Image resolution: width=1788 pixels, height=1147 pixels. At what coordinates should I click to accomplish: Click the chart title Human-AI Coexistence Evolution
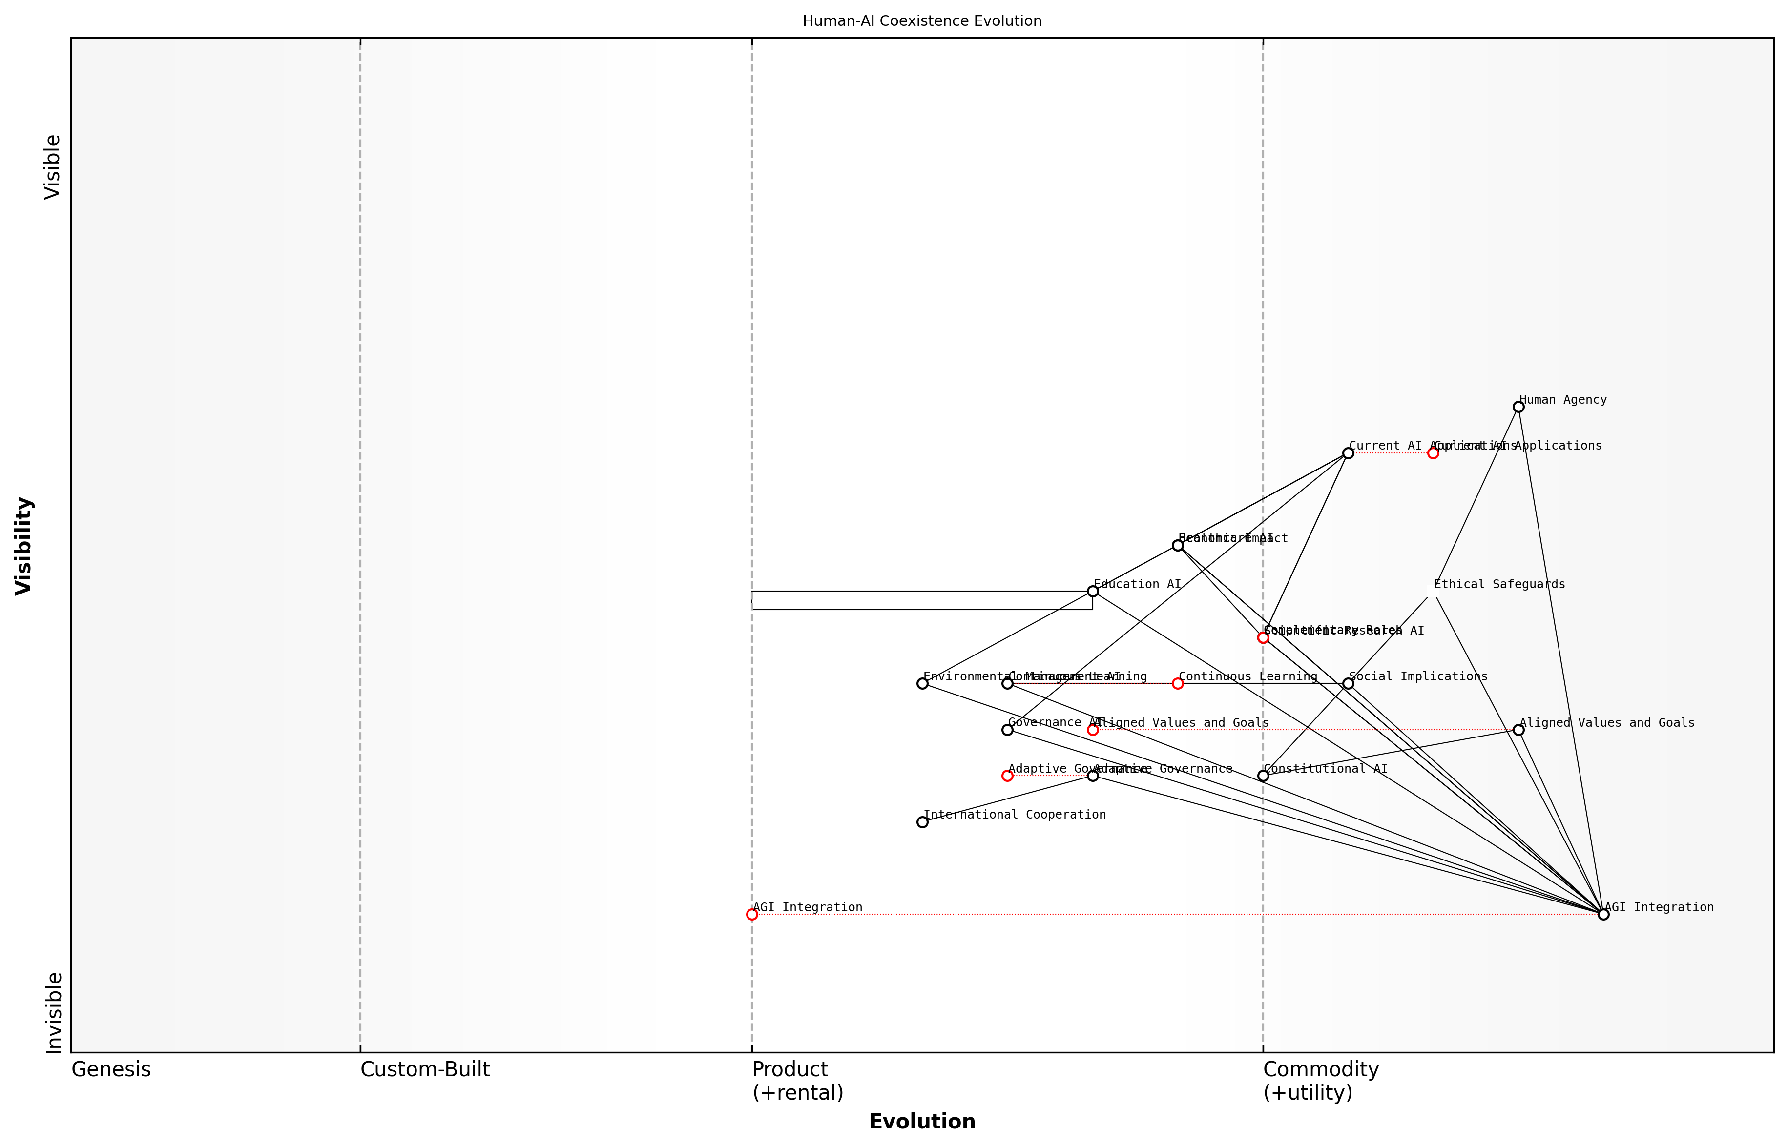click(x=921, y=21)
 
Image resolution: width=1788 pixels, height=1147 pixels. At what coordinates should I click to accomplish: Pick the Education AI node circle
click(x=1092, y=592)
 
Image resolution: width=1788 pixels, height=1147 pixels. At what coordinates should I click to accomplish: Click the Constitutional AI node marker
click(x=1263, y=776)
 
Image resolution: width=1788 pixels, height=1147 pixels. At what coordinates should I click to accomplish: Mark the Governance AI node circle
click(x=1007, y=729)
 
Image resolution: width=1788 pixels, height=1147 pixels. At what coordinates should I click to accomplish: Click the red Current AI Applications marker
click(x=1433, y=453)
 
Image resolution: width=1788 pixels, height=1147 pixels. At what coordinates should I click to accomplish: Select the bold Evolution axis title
click(x=921, y=1122)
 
